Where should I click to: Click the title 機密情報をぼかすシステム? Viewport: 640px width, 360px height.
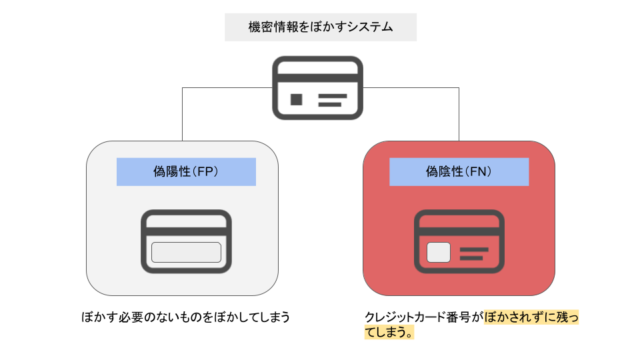coord(320,27)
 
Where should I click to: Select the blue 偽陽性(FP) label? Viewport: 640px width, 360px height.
coord(186,171)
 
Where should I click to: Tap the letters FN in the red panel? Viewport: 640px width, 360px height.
coord(478,171)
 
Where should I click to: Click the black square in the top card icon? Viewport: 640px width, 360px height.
coord(297,99)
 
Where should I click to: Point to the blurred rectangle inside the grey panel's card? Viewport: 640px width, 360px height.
coord(186,253)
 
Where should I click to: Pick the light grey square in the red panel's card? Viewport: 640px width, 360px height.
coord(438,253)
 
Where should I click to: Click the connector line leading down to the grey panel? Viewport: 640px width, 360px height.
coord(183,113)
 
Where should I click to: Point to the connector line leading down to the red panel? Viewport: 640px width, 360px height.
coord(459,113)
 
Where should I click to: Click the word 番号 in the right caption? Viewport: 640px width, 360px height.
coord(463,317)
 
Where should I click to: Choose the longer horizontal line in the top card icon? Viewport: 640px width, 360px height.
coord(333,96)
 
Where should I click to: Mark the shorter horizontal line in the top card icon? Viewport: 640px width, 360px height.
coord(329,105)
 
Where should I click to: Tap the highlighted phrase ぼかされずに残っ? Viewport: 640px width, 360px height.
coord(532,317)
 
